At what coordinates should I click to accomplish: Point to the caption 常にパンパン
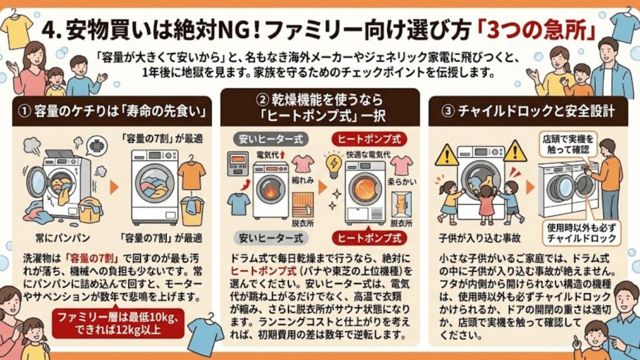click(64, 238)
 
